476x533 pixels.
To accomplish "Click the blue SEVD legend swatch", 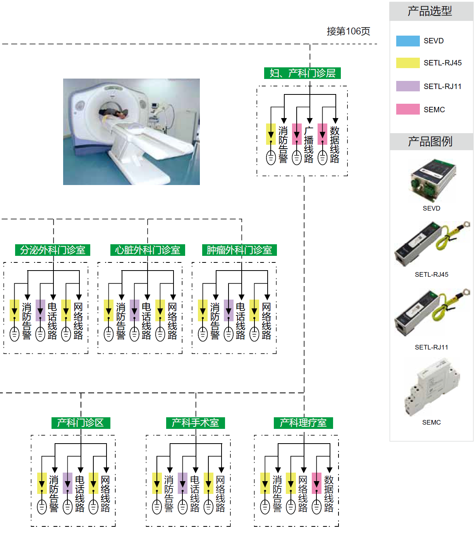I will coord(407,41).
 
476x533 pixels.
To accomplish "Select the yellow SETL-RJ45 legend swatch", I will coord(407,63).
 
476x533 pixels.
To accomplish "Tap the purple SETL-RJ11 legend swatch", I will coord(407,86).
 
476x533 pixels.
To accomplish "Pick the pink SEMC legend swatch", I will coord(407,109).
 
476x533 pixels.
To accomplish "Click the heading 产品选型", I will coord(430,11).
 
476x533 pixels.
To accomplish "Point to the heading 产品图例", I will coord(430,142).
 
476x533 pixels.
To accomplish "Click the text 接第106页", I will coord(348,31).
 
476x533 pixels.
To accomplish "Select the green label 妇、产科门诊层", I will coord(302,73).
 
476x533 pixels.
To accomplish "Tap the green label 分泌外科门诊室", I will coord(53,250).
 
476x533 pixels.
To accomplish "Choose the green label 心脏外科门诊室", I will coord(148,250).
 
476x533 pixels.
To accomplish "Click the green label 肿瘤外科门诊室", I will coord(239,250).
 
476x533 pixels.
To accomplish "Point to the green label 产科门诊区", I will coord(81,423).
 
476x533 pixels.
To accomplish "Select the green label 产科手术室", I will coord(195,423).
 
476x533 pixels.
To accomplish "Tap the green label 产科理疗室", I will coord(303,423).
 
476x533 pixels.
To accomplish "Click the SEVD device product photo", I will coord(433,180).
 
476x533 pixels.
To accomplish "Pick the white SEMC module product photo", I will coord(432,387).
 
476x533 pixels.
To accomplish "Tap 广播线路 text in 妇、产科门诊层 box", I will coord(309,145).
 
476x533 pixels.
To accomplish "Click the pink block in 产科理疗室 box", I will coord(316,483).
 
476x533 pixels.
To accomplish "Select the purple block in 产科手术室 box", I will coord(183,483).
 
